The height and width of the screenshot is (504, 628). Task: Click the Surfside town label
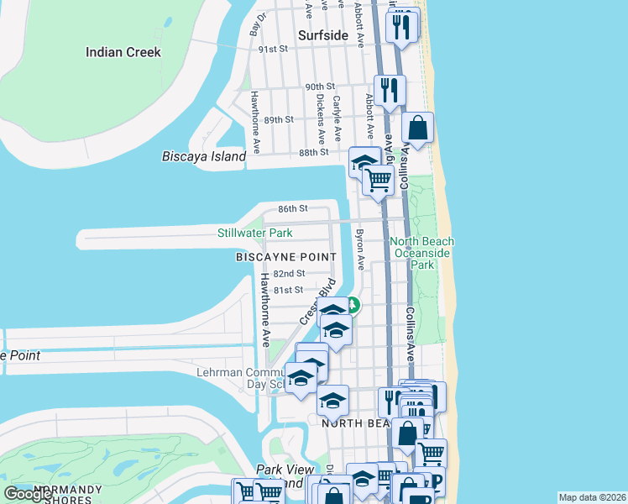[x=323, y=35]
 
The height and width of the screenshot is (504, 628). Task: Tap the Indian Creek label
[x=123, y=52]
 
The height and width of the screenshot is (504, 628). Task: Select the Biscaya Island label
[x=204, y=156]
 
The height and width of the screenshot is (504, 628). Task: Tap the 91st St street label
[x=273, y=50]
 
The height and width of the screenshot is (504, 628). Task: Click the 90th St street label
[x=320, y=87]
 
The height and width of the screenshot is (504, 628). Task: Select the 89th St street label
[x=278, y=120]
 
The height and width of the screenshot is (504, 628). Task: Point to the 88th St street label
[x=313, y=152]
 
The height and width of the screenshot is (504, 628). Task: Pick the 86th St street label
[x=293, y=208]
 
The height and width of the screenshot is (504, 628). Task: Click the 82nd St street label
[x=288, y=274]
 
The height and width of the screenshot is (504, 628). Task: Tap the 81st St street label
[x=287, y=290]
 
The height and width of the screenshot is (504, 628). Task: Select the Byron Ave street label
[x=360, y=249]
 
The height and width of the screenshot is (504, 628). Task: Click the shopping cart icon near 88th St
[x=379, y=179]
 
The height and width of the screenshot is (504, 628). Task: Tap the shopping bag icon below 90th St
[x=417, y=129]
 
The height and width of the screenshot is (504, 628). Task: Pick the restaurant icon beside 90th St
[x=390, y=90]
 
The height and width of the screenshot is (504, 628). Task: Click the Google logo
[x=28, y=494]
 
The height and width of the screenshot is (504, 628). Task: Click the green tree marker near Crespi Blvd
[x=354, y=306]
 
